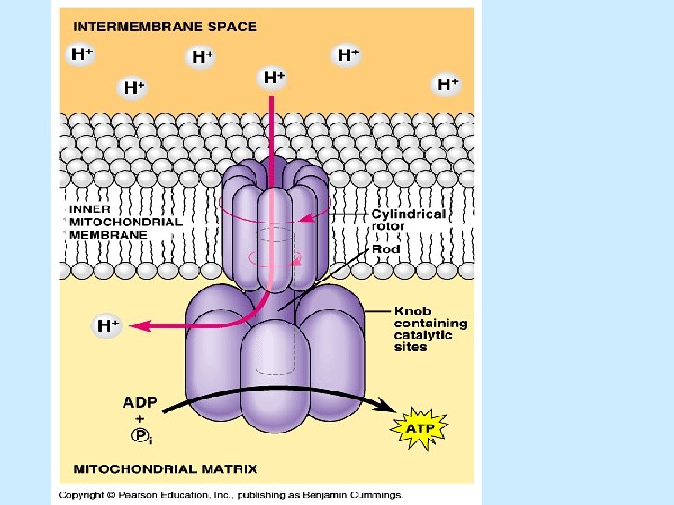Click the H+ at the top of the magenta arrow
tap(273, 78)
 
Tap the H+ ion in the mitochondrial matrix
tap(109, 325)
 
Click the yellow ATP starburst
tap(418, 428)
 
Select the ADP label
tap(140, 403)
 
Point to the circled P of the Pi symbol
tap(139, 436)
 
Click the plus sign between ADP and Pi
tap(139, 419)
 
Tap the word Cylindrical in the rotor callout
tap(408, 213)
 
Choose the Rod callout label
tap(386, 249)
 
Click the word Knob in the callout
tap(412, 310)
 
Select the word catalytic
tap(423, 335)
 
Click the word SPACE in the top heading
tap(232, 27)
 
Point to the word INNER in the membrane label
tap(90, 209)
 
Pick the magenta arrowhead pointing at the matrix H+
tap(138, 325)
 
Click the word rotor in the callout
tap(388, 225)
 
